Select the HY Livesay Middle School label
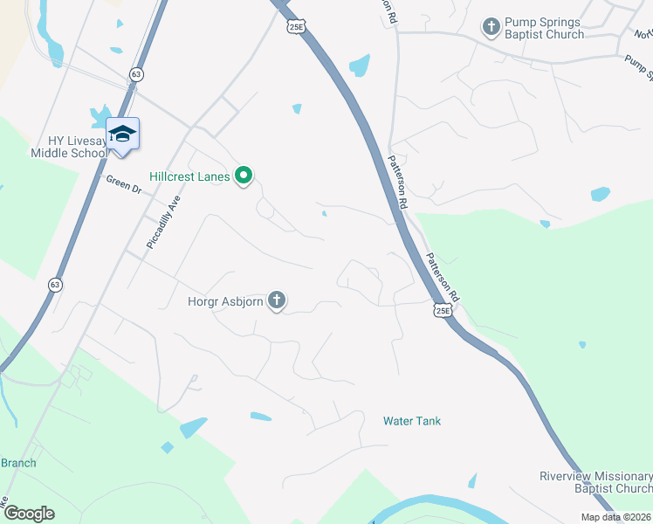tap(69, 147)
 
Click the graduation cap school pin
tap(123, 134)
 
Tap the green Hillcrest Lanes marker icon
tap(244, 177)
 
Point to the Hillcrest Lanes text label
tap(189, 176)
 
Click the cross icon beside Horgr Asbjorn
tap(277, 302)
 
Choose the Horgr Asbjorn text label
tap(224, 302)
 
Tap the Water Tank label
tap(412, 421)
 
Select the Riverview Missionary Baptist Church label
tap(595, 483)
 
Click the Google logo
tap(30, 514)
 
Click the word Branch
tap(18, 463)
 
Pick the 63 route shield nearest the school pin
tap(135, 74)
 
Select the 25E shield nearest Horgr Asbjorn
tap(443, 309)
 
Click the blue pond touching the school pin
tap(100, 115)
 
